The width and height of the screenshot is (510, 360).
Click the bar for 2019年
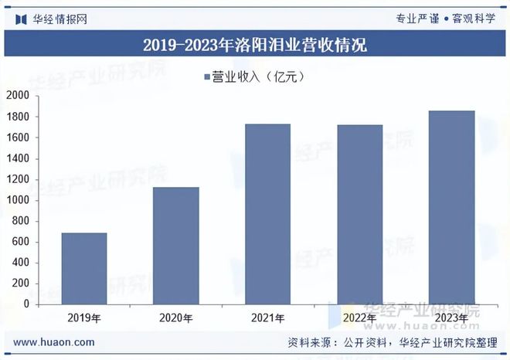[x=84, y=268]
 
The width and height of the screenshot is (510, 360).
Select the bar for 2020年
[x=176, y=245]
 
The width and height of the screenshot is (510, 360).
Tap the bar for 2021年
[x=268, y=214]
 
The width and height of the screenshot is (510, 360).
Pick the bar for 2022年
[x=360, y=214]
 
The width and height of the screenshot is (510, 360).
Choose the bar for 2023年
[x=451, y=207]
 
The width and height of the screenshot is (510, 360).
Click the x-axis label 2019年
[x=84, y=317]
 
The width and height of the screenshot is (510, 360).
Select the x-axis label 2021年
[x=268, y=317]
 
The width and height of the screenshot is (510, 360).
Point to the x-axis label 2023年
[x=451, y=317]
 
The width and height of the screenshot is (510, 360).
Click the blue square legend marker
[x=207, y=76]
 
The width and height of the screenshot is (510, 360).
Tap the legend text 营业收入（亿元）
[x=260, y=76]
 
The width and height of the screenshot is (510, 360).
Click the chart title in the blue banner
[x=255, y=45]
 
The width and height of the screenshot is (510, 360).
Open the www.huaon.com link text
[x=54, y=342]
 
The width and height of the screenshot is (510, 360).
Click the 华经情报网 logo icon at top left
[x=22, y=18]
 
